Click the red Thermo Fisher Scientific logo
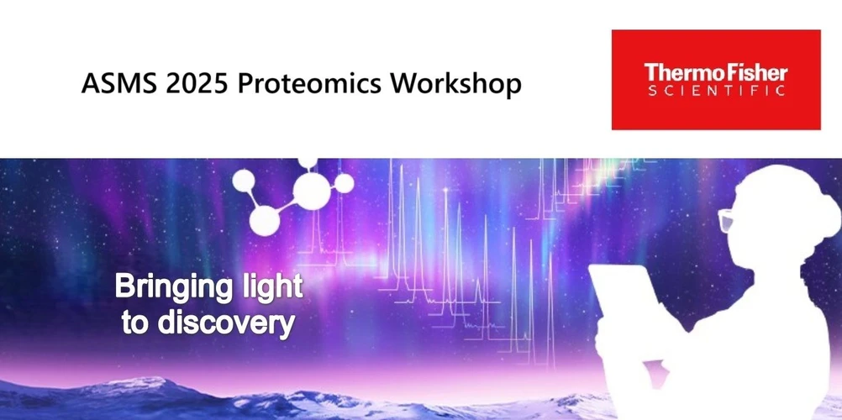click(715, 80)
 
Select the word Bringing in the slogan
click(171, 287)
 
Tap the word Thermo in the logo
click(678, 71)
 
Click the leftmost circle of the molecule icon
click(244, 180)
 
